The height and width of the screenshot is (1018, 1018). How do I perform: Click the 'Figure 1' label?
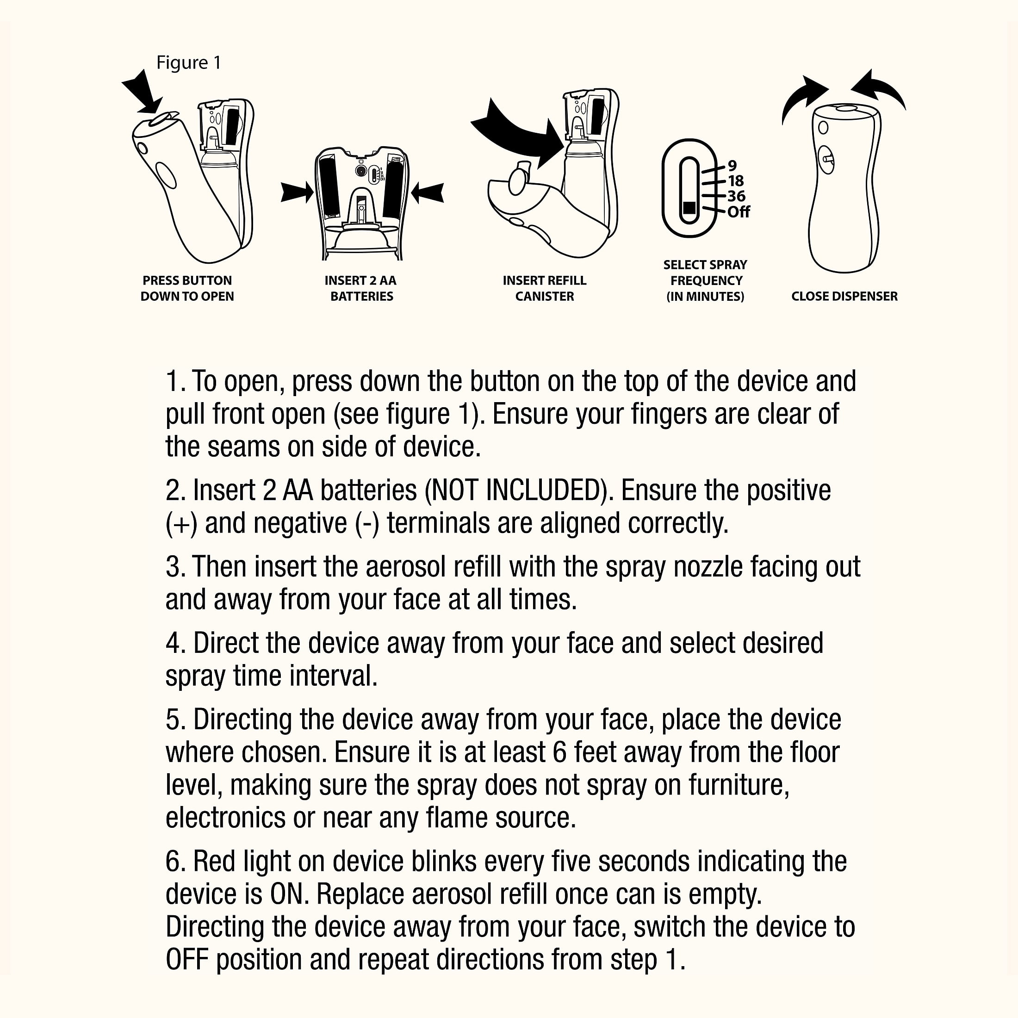coord(189,63)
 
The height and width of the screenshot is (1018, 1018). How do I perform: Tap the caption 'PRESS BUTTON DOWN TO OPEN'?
coord(187,288)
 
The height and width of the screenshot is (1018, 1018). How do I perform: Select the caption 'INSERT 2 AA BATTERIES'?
coord(361,288)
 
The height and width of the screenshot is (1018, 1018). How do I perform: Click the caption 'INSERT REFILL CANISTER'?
coord(544,288)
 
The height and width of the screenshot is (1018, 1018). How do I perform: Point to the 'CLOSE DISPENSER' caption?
coord(844,296)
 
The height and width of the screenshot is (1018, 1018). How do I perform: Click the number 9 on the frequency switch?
coord(732,166)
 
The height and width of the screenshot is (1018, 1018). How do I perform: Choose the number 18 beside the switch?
coord(736,181)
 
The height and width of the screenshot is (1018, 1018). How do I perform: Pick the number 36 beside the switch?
coord(736,196)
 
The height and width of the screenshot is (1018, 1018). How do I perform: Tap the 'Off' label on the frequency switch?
coord(738,212)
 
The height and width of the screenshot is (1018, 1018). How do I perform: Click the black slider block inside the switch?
coord(689,208)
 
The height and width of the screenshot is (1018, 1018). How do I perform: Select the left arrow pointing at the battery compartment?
coord(297,192)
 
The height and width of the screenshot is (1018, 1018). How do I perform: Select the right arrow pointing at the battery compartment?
coord(427,192)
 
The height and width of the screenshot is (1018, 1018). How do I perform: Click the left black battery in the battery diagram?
coord(329,187)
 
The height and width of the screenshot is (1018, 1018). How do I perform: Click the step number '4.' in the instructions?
coord(175,643)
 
